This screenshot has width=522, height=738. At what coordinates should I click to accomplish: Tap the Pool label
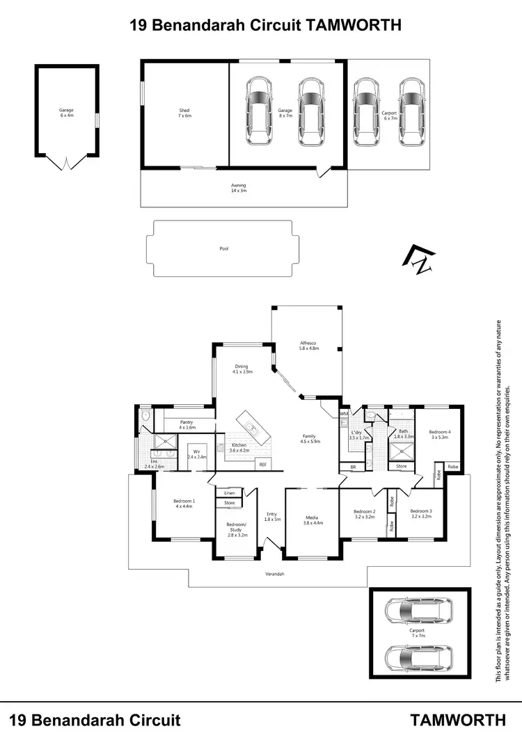[x=223, y=248]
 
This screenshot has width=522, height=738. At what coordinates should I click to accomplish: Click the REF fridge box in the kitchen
[x=263, y=464]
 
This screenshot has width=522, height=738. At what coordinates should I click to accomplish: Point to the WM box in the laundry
[x=344, y=415]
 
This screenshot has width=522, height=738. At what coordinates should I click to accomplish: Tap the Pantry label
[x=186, y=424]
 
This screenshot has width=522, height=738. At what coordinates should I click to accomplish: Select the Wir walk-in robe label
[x=197, y=455]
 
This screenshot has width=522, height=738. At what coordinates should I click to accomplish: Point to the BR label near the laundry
[x=353, y=467]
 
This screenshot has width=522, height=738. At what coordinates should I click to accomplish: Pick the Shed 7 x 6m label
[x=184, y=113]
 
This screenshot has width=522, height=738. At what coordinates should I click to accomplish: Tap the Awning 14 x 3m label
[x=239, y=188]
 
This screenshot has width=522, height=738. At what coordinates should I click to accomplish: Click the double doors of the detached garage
[x=65, y=163]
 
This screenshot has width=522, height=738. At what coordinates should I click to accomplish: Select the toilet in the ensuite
[x=145, y=417]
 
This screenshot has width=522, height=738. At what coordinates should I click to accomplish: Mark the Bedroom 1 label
[x=184, y=503]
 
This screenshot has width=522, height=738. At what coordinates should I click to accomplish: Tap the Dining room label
[x=241, y=369]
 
